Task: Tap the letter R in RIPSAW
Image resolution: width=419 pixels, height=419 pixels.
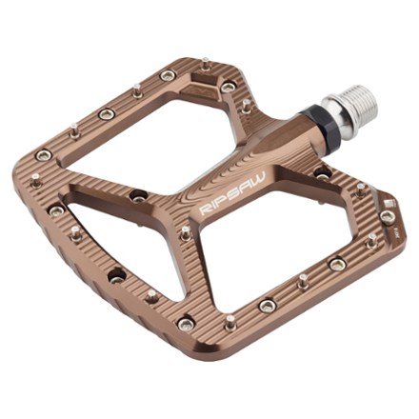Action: point(204,211)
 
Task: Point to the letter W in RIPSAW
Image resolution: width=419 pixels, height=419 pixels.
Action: point(259,178)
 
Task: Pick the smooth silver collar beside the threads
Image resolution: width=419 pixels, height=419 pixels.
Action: point(336,111)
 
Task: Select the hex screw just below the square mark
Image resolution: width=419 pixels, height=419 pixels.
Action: point(388,217)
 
